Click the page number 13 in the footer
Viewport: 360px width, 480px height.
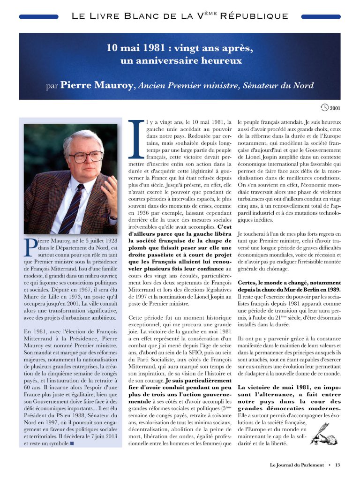pyautogui.click(x=337, y=465)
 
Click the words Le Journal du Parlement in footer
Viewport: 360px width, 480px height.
pyautogui.click(x=296, y=465)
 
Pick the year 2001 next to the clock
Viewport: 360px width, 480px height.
pyautogui.click(x=335, y=109)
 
